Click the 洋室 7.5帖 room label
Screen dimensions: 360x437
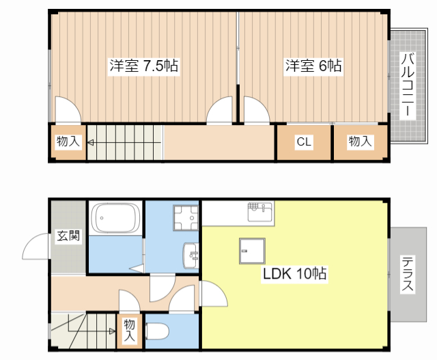click(x=144, y=66)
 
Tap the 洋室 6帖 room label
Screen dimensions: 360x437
click(x=313, y=66)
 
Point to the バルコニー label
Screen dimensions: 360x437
click(x=407, y=85)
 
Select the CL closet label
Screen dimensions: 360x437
click(x=304, y=142)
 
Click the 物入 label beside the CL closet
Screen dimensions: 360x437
click(x=360, y=141)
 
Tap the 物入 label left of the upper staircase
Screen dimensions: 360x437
click(x=68, y=142)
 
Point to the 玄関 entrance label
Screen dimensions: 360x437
click(x=68, y=236)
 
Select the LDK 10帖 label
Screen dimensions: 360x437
click(x=295, y=274)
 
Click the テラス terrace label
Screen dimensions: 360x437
click(x=407, y=274)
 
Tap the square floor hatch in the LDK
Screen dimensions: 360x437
click(x=251, y=251)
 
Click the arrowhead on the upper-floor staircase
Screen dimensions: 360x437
click(x=90, y=143)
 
